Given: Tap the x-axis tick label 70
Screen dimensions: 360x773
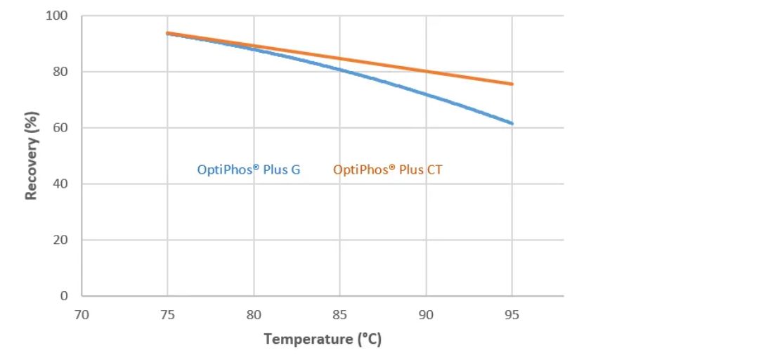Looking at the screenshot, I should click(82, 315).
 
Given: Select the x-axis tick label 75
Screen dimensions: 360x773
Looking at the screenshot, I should click(167, 315).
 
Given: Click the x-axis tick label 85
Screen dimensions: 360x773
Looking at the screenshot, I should click(339, 315).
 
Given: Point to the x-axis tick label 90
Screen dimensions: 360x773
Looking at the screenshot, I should click(426, 315).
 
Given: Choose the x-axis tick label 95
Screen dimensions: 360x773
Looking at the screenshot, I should click(512, 315).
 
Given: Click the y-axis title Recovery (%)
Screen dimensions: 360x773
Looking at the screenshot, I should click(32, 155).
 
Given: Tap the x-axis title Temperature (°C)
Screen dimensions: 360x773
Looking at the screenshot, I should click(323, 340).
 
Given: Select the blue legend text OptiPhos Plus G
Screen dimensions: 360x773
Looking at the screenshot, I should click(249, 169).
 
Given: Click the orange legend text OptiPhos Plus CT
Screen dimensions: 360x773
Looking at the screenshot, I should click(388, 169).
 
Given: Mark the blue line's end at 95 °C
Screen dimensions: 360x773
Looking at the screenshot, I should click(512, 123).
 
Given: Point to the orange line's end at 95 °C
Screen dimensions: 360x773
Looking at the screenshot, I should click(512, 84).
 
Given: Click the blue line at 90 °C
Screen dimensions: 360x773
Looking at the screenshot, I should click(426, 94).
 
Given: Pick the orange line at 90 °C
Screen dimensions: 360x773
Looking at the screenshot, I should click(426, 70).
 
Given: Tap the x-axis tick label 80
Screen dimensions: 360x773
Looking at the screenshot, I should click(254, 315).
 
